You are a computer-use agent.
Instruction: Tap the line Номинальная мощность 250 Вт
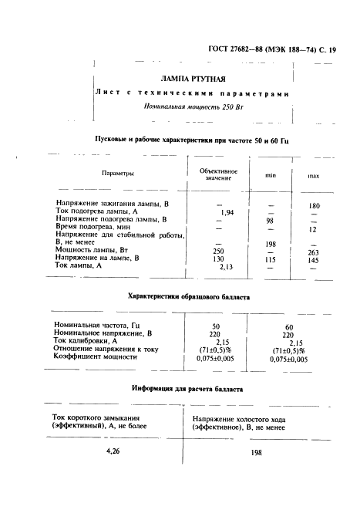193,108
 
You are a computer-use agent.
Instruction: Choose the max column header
314,176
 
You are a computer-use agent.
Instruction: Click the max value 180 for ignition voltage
314,205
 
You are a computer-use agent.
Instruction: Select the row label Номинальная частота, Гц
97,326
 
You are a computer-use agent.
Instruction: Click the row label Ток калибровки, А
85,341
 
